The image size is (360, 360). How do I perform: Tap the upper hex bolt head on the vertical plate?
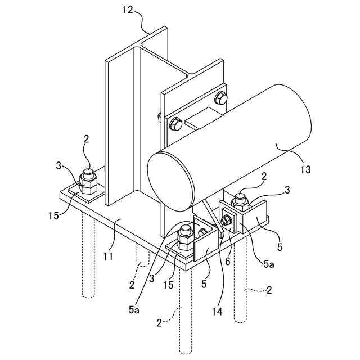pos(221,100)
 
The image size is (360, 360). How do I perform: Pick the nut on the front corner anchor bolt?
pos(186,239)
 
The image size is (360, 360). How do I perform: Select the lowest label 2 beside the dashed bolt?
pos(160,323)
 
